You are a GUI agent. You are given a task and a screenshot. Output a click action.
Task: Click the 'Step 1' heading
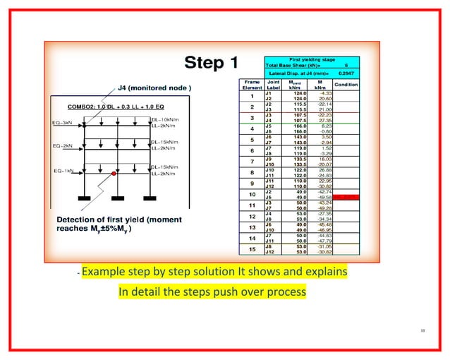click(211, 64)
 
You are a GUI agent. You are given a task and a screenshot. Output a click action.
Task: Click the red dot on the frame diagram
click(114, 172)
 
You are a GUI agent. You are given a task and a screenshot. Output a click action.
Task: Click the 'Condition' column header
click(346, 84)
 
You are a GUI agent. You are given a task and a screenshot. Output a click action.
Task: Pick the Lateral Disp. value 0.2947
click(346, 73)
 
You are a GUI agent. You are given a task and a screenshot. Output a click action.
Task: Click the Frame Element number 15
click(252, 249)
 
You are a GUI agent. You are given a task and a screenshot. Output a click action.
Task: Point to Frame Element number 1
click(252, 95)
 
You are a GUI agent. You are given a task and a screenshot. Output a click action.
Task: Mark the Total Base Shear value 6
click(346, 64)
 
